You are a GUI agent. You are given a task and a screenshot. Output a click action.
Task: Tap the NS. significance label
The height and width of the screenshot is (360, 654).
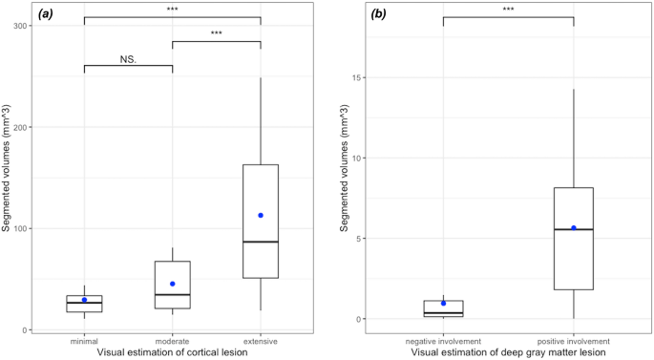click(x=128, y=58)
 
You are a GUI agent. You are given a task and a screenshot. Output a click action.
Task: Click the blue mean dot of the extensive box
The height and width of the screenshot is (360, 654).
click(x=260, y=215)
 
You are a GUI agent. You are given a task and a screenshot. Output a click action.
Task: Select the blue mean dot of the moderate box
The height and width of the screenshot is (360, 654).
click(x=172, y=284)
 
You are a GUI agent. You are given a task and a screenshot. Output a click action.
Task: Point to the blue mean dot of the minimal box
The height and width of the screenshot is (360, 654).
click(x=84, y=300)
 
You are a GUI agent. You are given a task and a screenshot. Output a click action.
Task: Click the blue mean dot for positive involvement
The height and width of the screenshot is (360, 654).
click(x=574, y=227)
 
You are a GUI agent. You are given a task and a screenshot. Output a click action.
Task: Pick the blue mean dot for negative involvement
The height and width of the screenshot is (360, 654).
click(x=443, y=304)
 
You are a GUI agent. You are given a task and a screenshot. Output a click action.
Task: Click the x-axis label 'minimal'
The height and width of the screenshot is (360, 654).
click(x=84, y=340)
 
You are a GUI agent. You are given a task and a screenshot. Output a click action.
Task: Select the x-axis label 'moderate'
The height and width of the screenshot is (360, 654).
click(x=172, y=340)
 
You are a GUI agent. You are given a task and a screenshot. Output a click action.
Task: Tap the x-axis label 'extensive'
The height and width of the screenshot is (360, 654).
click(x=260, y=340)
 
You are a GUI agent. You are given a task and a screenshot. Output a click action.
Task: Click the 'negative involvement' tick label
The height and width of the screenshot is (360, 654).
click(x=443, y=340)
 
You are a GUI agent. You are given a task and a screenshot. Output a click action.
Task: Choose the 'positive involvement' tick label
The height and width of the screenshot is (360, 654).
click(x=574, y=340)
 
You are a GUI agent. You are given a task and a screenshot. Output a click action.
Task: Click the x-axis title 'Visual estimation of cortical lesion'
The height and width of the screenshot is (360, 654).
click(x=172, y=352)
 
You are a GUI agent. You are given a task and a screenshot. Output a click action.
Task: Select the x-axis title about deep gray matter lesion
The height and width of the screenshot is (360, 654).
click(x=508, y=352)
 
